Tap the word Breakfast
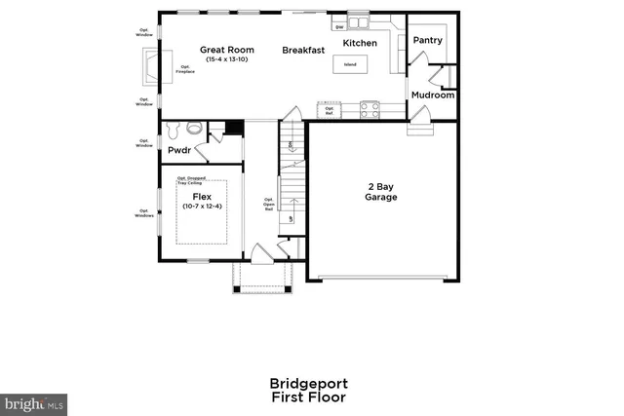[x=303, y=49]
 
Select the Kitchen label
[x=359, y=43]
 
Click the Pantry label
[x=427, y=40]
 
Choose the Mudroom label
[x=432, y=95]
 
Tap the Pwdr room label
[x=178, y=151]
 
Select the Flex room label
[x=202, y=196]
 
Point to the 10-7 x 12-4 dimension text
[x=202, y=206]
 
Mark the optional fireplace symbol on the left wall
[x=152, y=68]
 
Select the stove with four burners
[x=371, y=109]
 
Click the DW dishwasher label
[x=338, y=26]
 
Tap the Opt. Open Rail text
[x=268, y=204]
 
